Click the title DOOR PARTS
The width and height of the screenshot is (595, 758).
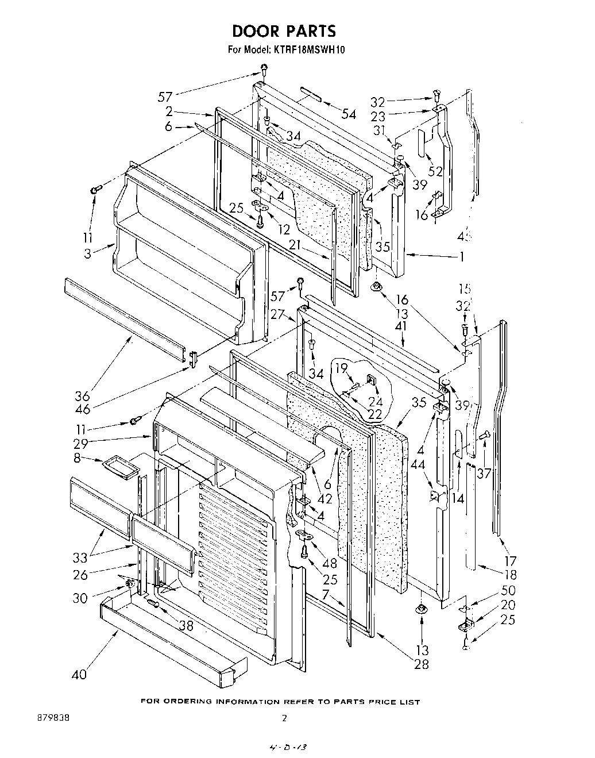pyautogui.click(x=284, y=30)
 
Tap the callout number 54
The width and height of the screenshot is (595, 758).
pyautogui.click(x=349, y=114)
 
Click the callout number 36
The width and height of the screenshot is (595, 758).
pyautogui.click(x=82, y=396)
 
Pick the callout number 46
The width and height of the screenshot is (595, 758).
pyautogui.click(x=82, y=410)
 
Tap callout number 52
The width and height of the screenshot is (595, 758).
pyautogui.click(x=436, y=171)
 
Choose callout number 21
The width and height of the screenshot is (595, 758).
pyautogui.click(x=295, y=245)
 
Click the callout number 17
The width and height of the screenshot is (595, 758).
pyautogui.click(x=511, y=561)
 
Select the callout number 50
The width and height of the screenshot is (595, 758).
pyautogui.click(x=508, y=590)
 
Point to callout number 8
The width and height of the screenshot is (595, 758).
pyautogui.click(x=79, y=458)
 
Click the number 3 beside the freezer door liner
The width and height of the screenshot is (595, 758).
pyautogui.click(x=87, y=253)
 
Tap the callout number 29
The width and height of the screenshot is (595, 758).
pyautogui.click(x=79, y=443)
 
